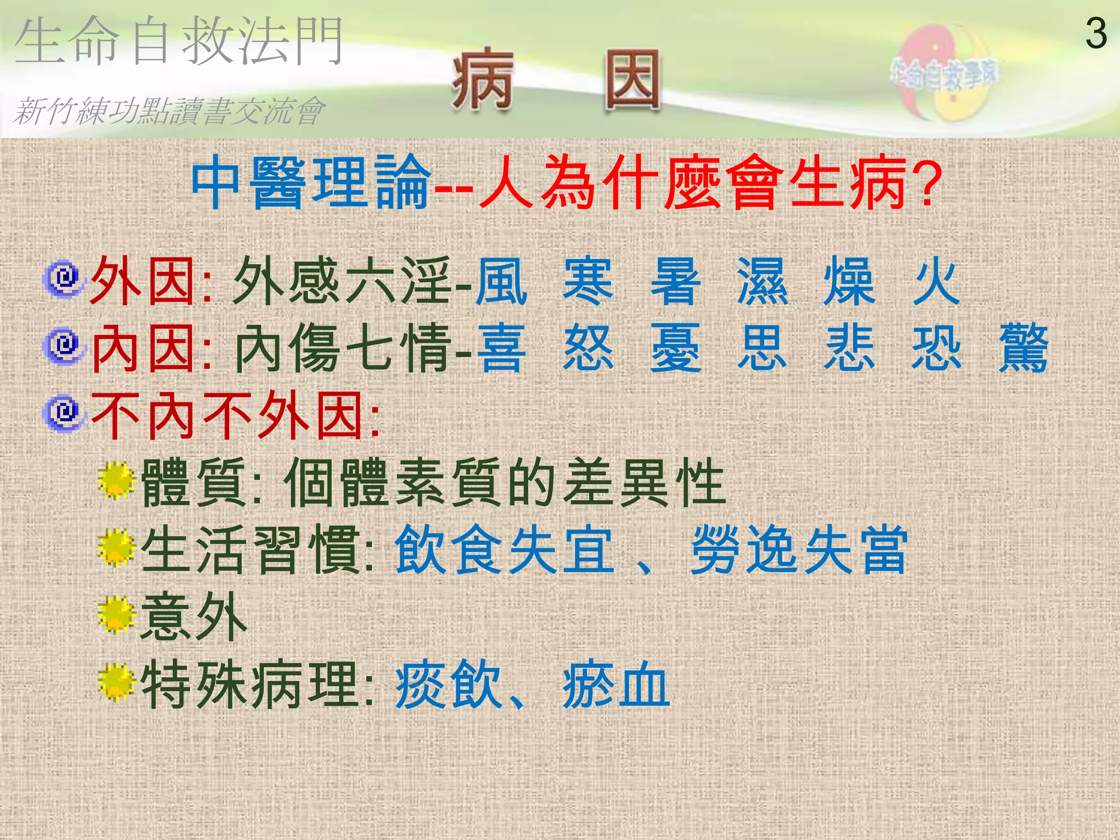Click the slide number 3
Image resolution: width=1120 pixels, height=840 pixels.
click(x=1096, y=34)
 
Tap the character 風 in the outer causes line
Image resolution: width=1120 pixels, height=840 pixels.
click(x=501, y=282)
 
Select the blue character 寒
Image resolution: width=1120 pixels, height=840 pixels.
click(x=588, y=282)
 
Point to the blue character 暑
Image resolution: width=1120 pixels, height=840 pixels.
click(x=675, y=282)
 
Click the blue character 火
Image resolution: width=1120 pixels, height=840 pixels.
click(x=936, y=282)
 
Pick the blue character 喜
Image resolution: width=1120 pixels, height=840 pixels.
click(x=501, y=348)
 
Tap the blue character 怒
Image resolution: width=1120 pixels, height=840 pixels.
click(x=588, y=348)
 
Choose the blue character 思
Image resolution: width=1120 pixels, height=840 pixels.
click(x=762, y=348)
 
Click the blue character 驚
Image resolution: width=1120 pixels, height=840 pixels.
click(x=1023, y=348)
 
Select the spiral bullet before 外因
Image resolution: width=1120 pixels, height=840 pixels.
click(x=65, y=279)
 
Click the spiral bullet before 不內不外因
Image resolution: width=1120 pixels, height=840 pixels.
click(x=65, y=413)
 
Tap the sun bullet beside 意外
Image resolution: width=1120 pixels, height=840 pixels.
click(x=116, y=615)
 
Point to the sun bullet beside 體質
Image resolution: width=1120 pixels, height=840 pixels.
click(x=116, y=481)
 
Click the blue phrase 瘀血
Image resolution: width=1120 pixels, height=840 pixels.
click(x=616, y=684)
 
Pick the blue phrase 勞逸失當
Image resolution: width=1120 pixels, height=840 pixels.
click(x=799, y=550)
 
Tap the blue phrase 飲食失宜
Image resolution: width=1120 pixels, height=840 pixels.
click(x=504, y=550)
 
